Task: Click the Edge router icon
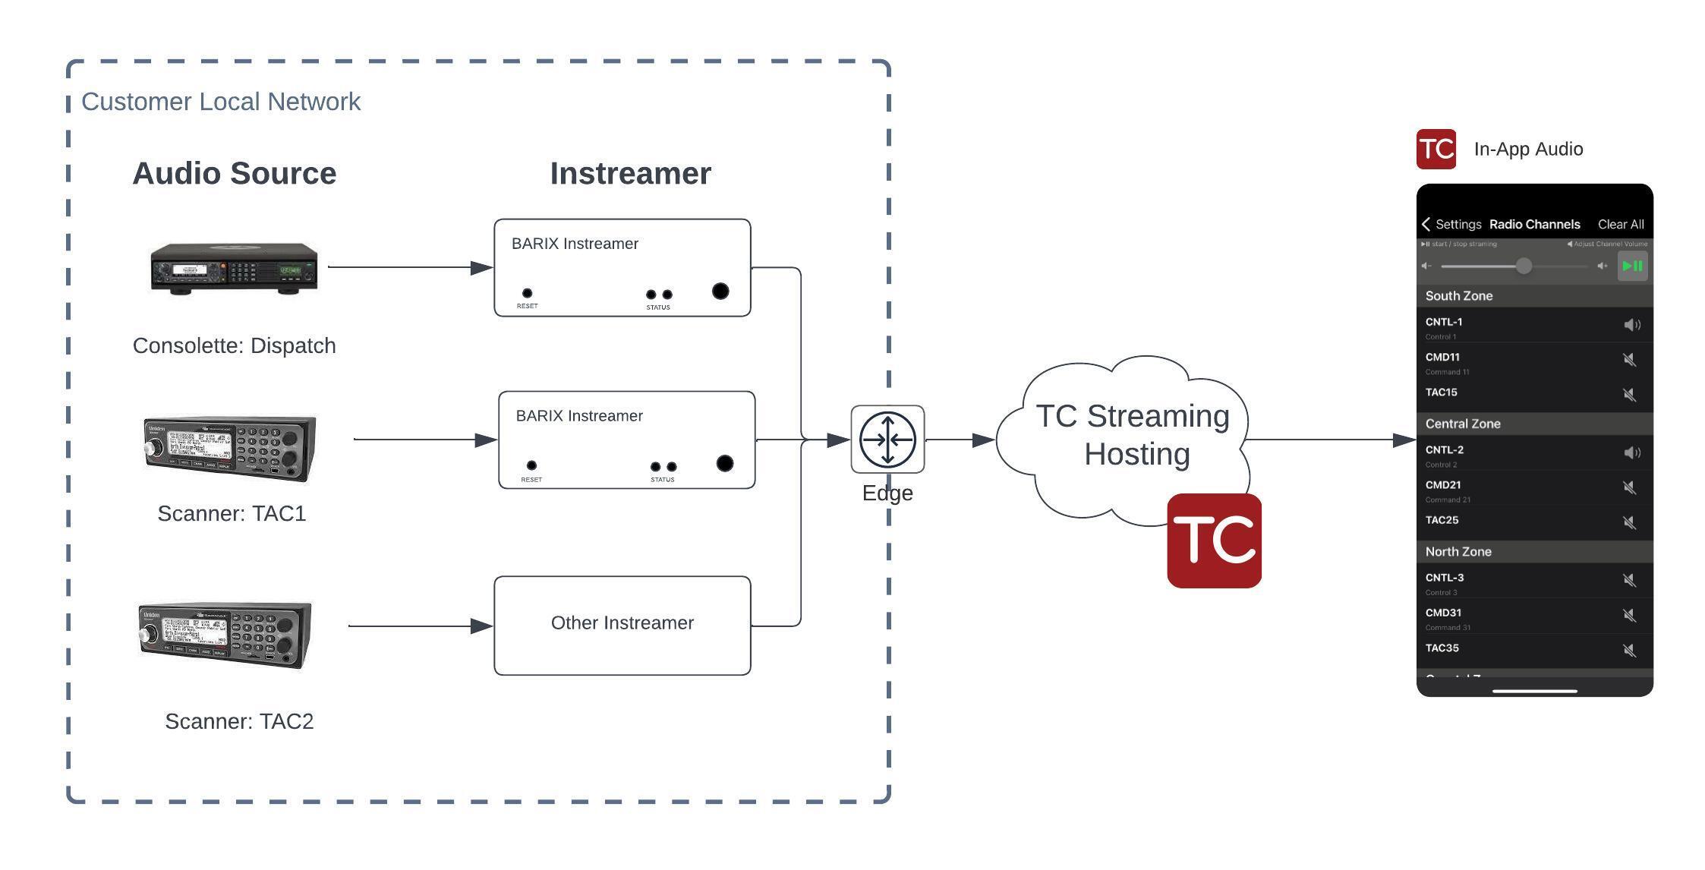(x=887, y=440)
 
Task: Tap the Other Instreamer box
(x=622, y=624)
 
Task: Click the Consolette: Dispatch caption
(x=234, y=345)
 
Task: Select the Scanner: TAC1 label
(x=232, y=513)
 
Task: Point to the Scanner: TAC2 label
(x=239, y=721)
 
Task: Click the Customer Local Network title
(x=220, y=102)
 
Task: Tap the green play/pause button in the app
(x=1632, y=266)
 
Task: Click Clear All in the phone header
(x=1620, y=224)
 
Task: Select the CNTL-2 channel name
(x=1444, y=449)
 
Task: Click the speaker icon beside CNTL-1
(x=1631, y=325)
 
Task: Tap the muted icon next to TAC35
(x=1629, y=650)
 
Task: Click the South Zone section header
(x=1458, y=296)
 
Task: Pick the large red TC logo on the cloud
(x=1214, y=541)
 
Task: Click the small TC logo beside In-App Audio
(x=1436, y=149)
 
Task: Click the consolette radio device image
(x=234, y=267)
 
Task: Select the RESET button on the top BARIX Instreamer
(x=527, y=293)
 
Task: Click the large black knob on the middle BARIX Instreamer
(x=725, y=463)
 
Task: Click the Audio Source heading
(x=234, y=173)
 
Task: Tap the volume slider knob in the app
(x=1523, y=266)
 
